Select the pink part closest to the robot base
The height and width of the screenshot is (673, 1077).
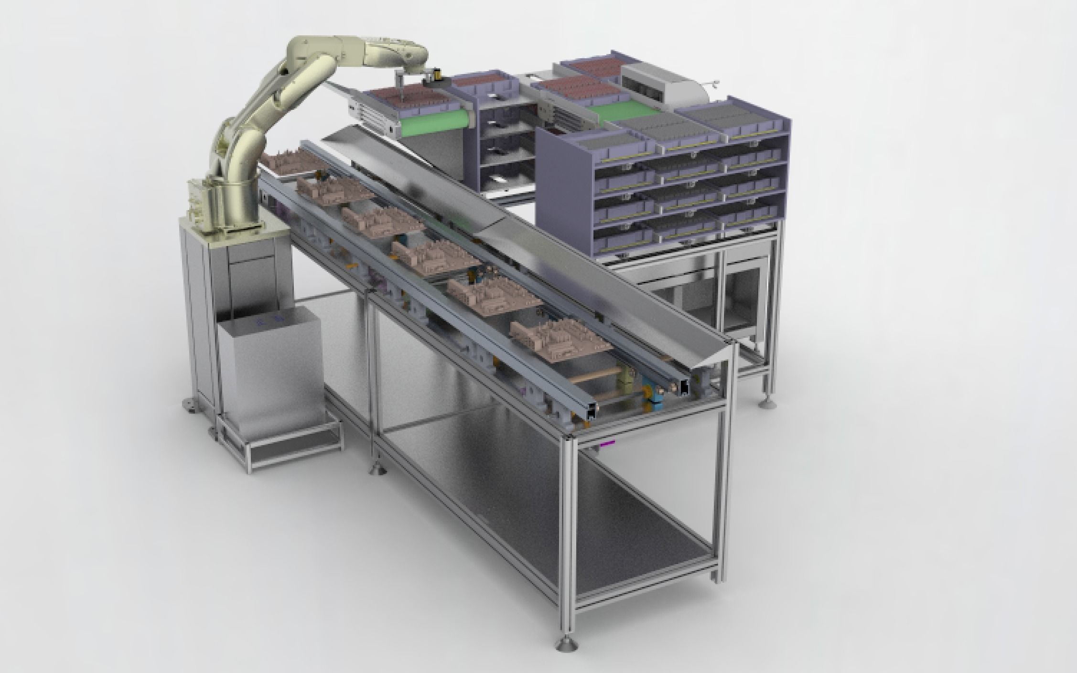point(289,164)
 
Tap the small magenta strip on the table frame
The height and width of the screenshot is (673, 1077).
point(607,443)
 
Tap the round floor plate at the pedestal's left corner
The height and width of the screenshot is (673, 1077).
point(190,406)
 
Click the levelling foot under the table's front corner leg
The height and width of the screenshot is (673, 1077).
point(567,645)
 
